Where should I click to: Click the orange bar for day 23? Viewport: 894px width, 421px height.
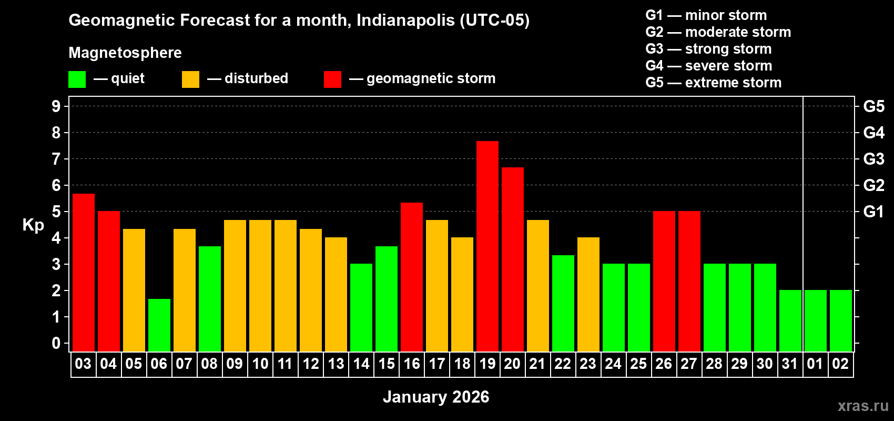[588, 294]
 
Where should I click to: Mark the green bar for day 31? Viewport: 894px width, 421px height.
[790, 320]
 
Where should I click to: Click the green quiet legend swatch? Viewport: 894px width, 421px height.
[77, 79]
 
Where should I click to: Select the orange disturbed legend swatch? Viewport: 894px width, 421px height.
[190, 79]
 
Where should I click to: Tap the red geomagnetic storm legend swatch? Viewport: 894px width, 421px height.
[332, 79]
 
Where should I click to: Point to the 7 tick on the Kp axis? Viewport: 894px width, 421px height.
[56, 159]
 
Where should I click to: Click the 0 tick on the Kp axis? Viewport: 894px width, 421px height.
[56, 343]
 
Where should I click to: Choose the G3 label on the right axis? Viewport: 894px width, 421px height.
[873, 159]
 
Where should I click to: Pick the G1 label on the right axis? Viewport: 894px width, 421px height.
[873, 212]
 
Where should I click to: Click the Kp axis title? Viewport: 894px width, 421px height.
[33, 225]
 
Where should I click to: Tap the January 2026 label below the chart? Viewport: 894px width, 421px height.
[436, 397]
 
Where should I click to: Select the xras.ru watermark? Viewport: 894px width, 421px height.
[863, 406]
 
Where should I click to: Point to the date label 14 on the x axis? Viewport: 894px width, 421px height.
[361, 364]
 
